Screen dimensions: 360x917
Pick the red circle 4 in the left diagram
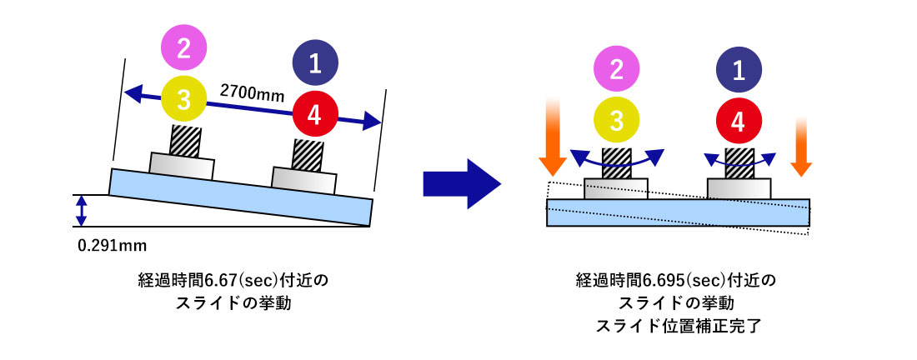click(316, 117)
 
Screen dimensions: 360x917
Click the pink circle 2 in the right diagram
click(617, 70)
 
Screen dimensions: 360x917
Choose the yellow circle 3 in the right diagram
click(617, 120)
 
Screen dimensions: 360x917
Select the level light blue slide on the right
click(677, 212)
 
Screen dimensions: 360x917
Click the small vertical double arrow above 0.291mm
click(81, 211)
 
